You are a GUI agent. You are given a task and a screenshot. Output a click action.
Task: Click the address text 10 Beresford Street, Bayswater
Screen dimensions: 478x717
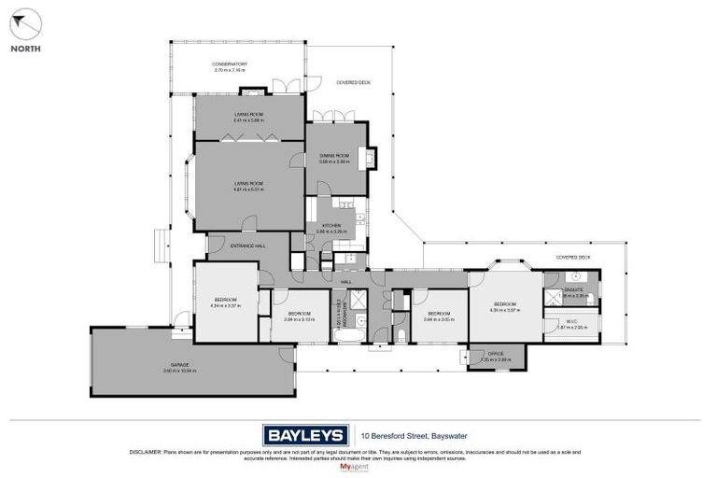[x=419, y=434]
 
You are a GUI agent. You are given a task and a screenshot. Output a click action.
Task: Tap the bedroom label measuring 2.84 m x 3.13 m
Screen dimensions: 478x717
[x=299, y=315]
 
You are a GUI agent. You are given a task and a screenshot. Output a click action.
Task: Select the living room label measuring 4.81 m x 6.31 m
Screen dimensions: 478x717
[x=248, y=186]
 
